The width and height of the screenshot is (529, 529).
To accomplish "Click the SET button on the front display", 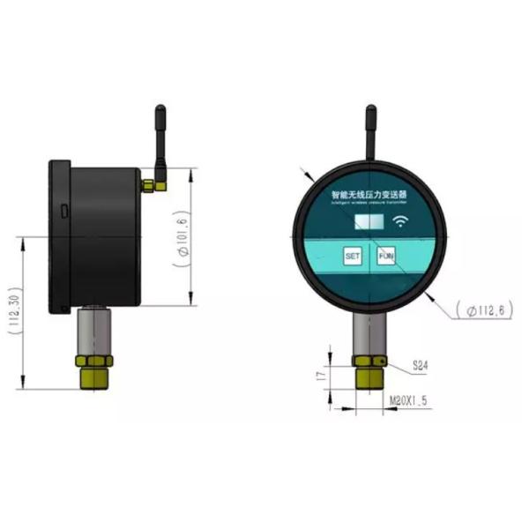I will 353,257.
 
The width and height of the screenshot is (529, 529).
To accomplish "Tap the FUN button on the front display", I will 385,257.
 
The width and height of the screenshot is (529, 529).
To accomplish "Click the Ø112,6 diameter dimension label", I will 481,309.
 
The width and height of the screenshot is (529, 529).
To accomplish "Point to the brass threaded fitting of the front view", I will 369,372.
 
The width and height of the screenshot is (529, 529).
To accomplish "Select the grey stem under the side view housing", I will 93,330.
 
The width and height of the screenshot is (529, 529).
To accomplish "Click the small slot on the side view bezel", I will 63,211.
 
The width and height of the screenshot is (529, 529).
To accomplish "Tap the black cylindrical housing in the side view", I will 104,234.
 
